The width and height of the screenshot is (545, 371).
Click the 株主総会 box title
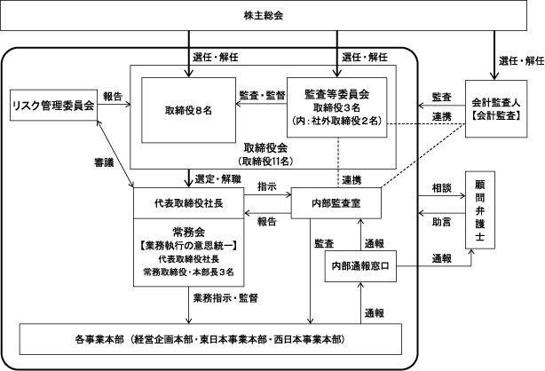tap(264, 16)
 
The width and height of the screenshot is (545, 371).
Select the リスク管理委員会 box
tap(53, 106)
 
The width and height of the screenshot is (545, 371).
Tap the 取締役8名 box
tap(188, 110)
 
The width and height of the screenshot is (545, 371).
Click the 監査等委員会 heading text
tap(336, 94)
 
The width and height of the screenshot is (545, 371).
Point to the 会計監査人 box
tap(496, 109)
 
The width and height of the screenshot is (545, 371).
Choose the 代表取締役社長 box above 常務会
tap(189, 203)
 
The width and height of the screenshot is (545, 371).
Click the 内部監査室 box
tap(336, 203)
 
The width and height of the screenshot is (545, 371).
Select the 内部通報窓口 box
tap(360, 266)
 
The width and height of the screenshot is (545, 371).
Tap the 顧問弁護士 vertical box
tap(480, 210)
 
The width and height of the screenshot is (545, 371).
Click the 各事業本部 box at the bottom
tap(210, 339)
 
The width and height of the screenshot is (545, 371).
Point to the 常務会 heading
tap(189, 232)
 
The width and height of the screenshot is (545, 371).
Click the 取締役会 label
tap(265, 148)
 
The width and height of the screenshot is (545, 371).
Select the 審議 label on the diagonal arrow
tap(104, 162)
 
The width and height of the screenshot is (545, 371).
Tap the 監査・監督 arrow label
tap(263, 95)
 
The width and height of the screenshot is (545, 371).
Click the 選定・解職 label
tap(218, 179)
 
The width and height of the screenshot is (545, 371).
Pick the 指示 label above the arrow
tap(267, 186)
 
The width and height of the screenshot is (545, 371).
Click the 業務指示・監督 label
tap(225, 298)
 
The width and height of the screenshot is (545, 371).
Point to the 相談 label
tap(441, 188)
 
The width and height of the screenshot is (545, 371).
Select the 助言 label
tap(441, 222)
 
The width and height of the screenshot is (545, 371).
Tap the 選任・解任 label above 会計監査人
tap(521, 61)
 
